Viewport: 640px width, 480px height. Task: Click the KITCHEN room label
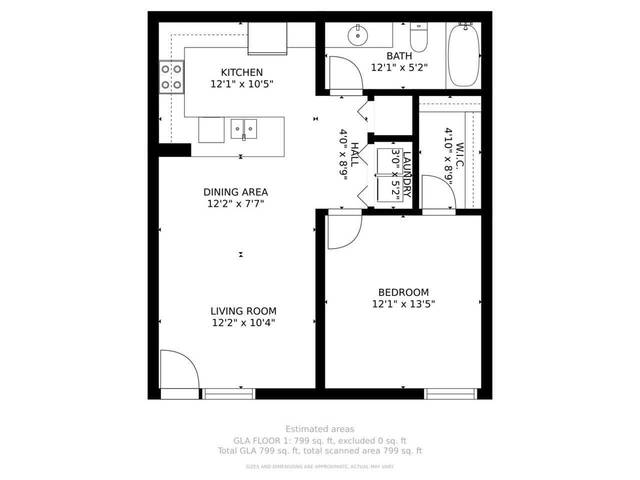241,72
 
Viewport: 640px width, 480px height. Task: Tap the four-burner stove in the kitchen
171,77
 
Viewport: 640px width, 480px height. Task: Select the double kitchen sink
244,128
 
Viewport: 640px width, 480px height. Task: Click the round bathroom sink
358,35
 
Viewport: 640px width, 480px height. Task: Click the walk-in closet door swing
437,192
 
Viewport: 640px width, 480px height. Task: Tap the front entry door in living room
178,370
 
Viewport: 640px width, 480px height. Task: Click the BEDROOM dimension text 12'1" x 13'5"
403,304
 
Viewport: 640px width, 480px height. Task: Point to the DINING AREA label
235,192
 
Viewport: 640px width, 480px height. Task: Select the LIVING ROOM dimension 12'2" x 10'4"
243,323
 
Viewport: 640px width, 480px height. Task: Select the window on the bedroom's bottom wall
450,394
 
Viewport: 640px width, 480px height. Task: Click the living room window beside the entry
229,394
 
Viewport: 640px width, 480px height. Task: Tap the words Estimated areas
319,429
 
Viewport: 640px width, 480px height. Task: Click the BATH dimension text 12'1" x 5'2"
399,67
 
